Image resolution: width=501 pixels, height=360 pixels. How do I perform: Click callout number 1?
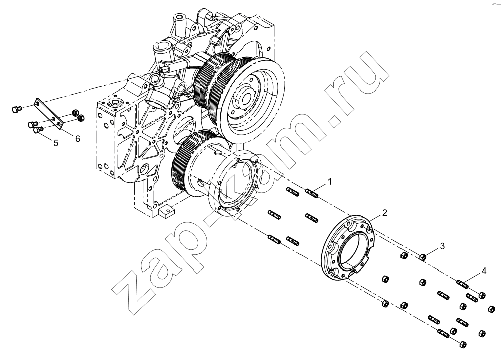click(330, 182)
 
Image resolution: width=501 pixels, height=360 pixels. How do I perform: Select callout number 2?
click(385, 213)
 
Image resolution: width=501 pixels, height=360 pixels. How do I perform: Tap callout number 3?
click(442, 246)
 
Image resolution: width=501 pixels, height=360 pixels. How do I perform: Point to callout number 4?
click(484, 271)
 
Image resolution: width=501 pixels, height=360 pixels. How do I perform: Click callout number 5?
click(56, 143)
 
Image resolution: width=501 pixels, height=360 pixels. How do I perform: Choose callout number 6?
click(78, 138)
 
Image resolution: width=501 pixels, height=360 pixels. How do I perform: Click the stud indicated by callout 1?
click(312, 193)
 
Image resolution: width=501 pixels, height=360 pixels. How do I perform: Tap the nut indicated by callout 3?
click(423, 257)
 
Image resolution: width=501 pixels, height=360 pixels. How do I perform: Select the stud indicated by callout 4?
click(463, 283)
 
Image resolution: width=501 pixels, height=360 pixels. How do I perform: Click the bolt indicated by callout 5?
click(38, 130)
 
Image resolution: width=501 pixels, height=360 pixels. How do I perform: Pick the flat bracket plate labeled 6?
click(49, 114)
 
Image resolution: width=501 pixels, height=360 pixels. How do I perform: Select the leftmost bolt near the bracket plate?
click(16, 109)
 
